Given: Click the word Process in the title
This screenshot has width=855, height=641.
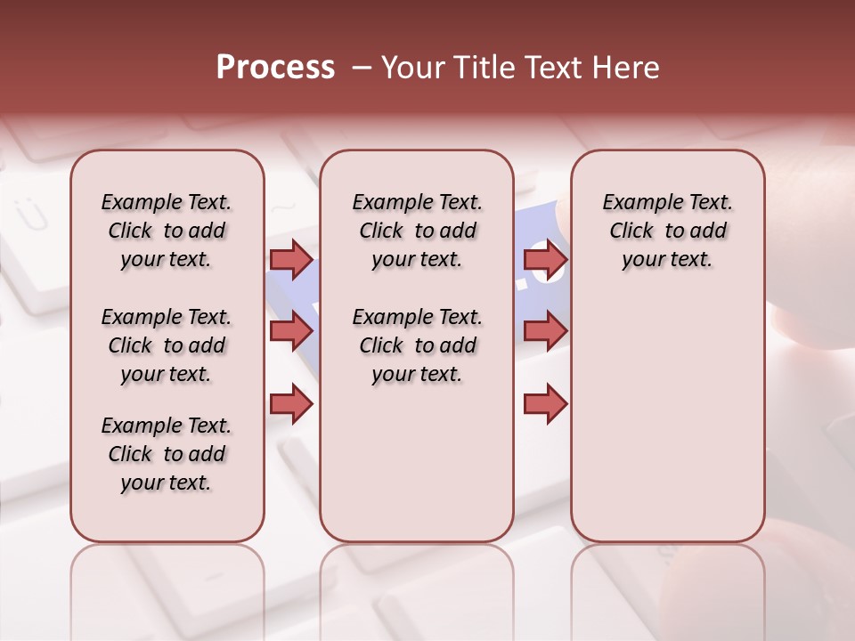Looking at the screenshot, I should click(275, 68).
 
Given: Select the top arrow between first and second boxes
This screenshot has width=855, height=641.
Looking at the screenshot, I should click(291, 259).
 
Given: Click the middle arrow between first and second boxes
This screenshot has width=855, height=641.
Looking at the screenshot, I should click(291, 332).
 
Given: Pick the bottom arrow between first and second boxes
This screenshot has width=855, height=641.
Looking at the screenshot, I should click(291, 404).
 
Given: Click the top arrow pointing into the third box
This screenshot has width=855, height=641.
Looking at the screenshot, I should click(545, 259).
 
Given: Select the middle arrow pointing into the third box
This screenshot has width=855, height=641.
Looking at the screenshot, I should click(545, 332).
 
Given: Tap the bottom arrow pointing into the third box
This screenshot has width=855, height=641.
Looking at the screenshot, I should click(545, 404).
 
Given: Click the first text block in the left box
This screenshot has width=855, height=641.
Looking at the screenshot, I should click(167, 231).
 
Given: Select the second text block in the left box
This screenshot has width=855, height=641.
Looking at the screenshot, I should click(167, 345).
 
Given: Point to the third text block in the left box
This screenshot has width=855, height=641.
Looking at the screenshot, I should click(167, 454).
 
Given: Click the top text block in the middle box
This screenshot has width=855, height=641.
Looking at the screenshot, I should click(417, 231).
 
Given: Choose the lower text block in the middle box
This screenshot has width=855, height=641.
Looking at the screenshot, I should click(417, 345).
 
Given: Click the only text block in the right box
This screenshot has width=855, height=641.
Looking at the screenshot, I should click(668, 231).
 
